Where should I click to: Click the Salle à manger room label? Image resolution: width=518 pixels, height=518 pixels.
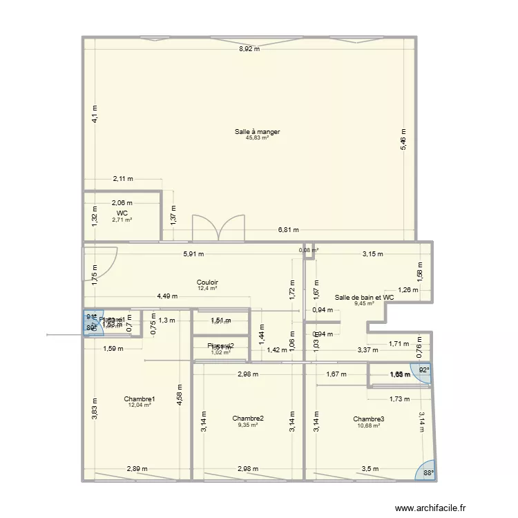click(257, 131)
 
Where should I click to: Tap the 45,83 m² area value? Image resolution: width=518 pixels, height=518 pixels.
click(257, 137)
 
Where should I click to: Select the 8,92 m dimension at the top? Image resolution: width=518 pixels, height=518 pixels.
click(249, 49)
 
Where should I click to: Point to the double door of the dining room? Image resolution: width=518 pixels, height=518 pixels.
click(218, 228)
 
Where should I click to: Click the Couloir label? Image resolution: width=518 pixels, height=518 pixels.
click(207, 282)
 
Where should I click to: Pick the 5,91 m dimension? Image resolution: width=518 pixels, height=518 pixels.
click(194, 253)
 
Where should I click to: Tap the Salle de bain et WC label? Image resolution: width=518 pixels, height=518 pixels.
click(364, 297)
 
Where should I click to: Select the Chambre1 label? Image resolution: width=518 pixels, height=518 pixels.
click(140, 399)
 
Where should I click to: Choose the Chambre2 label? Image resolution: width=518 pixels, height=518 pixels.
click(248, 419)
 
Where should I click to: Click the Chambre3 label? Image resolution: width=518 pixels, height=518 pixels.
click(368, 419)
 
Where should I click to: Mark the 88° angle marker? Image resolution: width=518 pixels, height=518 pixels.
click(428, 473)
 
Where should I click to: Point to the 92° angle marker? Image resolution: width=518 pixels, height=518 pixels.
click(423, 370)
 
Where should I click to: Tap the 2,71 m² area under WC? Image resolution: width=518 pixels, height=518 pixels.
click(122, 220)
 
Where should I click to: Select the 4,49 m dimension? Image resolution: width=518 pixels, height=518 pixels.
click(167, 296)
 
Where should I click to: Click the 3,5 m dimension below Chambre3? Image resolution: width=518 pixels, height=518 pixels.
click(370, 470)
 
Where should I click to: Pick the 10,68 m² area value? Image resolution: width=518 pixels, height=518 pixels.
click(368, 425)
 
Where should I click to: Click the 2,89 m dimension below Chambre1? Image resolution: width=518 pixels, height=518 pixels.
click(136, 470)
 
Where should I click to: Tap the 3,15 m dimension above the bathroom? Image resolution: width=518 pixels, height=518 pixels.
click(372, 253)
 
